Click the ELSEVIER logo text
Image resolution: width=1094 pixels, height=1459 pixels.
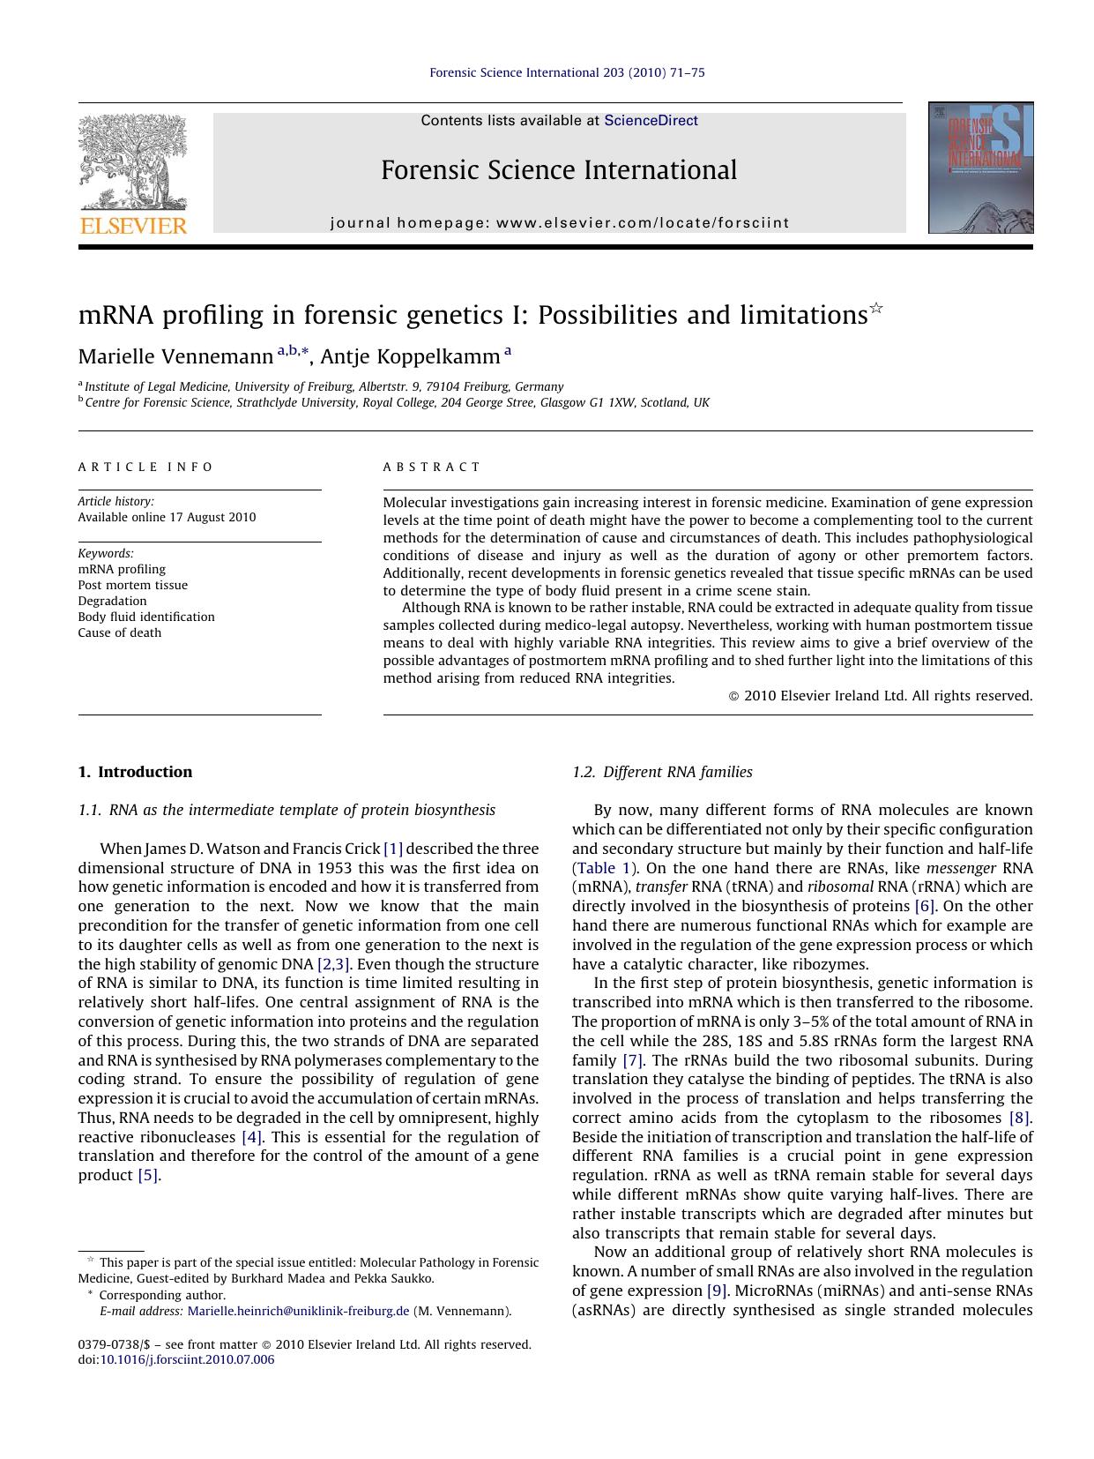coord(133,226)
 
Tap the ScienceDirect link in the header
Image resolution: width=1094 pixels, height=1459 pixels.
coord(651,121)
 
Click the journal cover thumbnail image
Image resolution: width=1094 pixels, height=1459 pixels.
coord(980,168)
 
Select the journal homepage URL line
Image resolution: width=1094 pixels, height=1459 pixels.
coord(560,223)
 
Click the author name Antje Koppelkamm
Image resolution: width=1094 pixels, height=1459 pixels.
coord(410,356)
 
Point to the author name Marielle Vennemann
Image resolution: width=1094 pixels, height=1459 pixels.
coord(175,356)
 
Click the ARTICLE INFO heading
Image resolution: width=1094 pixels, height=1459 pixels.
coord(145,467)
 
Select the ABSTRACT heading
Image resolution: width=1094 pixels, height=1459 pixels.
coord(432,467)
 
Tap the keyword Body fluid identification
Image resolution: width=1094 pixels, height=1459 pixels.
coord(146,617)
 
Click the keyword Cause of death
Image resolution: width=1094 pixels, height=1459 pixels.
coord(120,632)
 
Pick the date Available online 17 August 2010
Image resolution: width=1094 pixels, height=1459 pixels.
coord(167,517)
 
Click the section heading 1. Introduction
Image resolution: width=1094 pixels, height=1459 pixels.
coord(135,772)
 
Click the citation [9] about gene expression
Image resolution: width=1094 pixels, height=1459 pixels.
coord(717,1291)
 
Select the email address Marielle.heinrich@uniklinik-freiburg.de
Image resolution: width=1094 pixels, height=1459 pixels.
coord(298,1311)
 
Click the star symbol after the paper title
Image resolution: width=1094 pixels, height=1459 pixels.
coord(876,308)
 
